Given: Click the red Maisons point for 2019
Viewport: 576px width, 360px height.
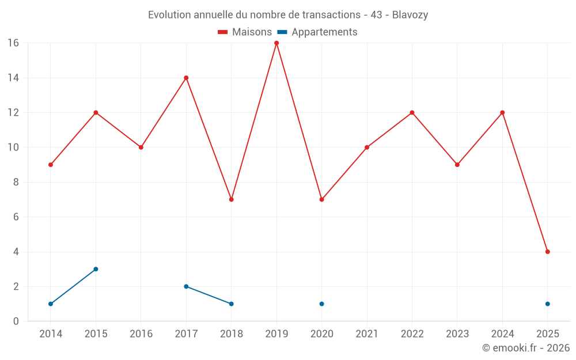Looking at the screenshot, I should coord(276,43).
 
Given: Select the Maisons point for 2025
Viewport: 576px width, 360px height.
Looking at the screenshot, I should coord(547,252).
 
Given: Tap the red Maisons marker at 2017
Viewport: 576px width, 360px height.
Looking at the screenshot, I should coord(186,78).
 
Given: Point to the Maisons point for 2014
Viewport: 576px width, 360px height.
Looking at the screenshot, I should coord(51,165).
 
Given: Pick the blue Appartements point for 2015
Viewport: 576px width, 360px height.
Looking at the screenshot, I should coord(96,269).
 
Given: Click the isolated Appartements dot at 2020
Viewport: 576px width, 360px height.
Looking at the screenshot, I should coord(321,304).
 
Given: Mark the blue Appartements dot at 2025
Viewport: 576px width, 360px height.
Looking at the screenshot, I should coord(547,304).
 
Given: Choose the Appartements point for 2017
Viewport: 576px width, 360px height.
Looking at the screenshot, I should coord(186,286).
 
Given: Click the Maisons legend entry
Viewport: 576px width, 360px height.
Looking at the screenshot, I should coord(245,32).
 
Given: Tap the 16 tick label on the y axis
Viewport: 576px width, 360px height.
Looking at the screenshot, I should coord(13,43).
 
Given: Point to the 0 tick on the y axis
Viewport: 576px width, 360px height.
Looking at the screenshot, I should coord(16,321).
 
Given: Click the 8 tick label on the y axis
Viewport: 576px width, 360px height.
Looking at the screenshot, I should coord(16,182).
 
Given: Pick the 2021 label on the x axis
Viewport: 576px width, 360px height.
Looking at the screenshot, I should coord(367,334).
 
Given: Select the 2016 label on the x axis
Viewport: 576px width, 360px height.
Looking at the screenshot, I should coord(141,334).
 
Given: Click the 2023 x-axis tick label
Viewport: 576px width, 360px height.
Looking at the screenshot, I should coord(457,334).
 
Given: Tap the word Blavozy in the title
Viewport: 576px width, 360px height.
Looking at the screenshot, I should coord(410,15).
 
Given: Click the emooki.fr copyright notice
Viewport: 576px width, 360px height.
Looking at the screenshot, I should coord(525,348).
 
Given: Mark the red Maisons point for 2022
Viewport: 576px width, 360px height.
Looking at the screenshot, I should coord(412,112).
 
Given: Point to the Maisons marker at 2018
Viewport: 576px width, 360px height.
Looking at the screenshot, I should coord(231,199).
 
